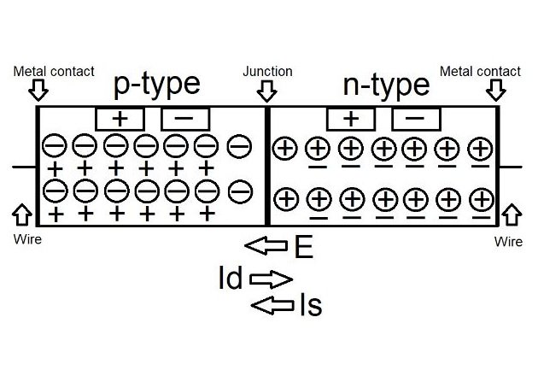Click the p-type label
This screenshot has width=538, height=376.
(156, 84)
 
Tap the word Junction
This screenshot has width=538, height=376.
(267, 72)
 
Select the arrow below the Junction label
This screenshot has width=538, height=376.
(267, 90)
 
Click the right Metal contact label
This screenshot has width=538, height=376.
(480, 71)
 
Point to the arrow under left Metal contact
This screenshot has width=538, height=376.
(38, 89)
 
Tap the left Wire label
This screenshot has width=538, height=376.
(26, 240)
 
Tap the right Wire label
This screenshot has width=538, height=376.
(508, 242)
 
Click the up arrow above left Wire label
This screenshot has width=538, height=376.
(23, 214)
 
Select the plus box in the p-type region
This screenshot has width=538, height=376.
(120, 117)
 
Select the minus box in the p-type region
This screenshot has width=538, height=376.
(185, 117)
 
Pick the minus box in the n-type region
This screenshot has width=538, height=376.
(416, 117)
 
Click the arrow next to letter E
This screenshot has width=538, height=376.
(266, 247)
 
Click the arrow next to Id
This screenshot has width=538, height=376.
(272, 279)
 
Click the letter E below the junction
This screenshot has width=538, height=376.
(301, 248)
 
